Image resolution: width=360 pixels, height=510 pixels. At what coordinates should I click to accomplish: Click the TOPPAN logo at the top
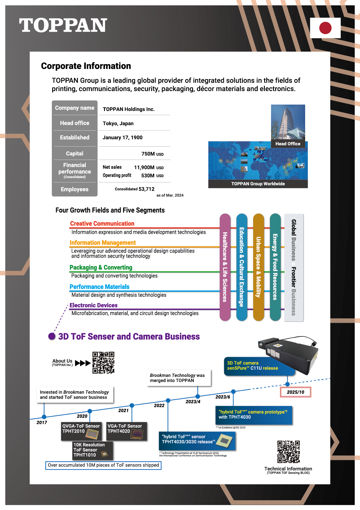point(63,26)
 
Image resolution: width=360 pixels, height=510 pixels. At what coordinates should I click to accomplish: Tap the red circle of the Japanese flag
point(325,28)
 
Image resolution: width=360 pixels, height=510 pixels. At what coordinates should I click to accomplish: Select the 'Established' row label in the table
point(74,138)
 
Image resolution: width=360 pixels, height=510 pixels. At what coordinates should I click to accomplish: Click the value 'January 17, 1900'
point(122,138)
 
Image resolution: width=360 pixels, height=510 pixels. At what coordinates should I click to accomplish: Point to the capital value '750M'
point(148,154)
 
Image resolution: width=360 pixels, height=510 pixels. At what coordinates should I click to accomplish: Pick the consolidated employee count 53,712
point(146,189)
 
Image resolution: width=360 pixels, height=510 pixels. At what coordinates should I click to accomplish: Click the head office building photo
point(288,122)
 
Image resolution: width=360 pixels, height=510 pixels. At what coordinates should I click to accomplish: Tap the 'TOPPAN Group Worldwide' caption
point(258,184)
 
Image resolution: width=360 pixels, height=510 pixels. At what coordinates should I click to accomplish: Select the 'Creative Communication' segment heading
point(102,224)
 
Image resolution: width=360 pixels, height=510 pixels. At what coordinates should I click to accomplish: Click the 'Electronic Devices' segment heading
point(93,305)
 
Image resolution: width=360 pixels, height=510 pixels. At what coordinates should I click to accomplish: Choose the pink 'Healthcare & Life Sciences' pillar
point(225,267)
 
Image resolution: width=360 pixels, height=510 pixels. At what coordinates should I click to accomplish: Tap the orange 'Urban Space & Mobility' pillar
point(258,267)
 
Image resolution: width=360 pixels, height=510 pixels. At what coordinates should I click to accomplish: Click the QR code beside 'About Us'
point(103,363)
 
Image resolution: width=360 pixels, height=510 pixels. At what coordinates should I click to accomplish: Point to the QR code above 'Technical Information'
point(288,452)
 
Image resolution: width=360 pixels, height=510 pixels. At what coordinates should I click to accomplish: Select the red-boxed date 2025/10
point(295,392)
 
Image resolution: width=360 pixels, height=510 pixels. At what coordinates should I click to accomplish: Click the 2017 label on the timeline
point(42,422)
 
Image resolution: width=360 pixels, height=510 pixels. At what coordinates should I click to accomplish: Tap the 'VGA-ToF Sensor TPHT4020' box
point(127,431)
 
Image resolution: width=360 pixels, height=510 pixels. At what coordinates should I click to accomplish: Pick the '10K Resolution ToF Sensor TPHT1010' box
point(89,450)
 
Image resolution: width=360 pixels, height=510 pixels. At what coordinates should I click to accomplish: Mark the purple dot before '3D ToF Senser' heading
point(52,336)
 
